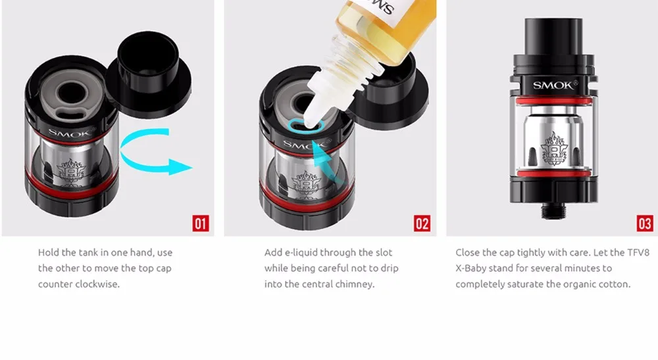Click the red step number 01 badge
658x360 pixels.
(201, 223)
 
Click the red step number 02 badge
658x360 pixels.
(422, 223)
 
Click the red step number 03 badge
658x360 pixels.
(645, 223)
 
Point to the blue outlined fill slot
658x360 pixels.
(307, 126)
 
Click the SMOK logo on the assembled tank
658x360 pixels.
(553, 86)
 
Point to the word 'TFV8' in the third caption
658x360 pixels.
(638, 253)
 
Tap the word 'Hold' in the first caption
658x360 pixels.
(48, 253)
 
